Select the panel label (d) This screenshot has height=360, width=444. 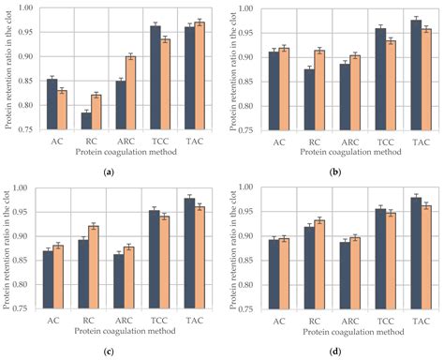pyautogui.click(x=332, y=351)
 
